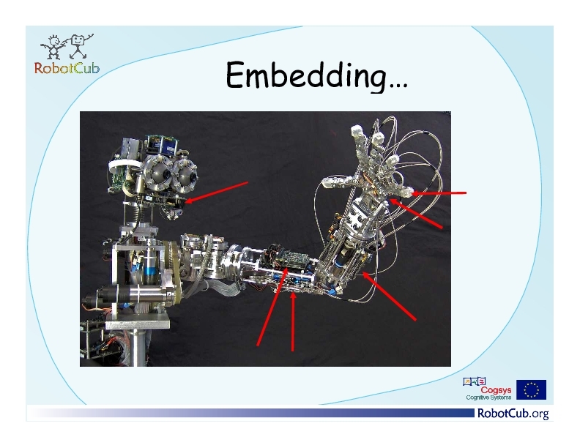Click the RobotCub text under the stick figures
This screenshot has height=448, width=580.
point(67,68)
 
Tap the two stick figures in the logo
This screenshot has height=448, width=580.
point(67,47)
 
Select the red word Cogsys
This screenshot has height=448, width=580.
point(496,390)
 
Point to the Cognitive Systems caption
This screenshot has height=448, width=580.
point(488,397)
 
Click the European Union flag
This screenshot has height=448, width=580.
point(531,389)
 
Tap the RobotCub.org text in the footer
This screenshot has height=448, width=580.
point(513,413)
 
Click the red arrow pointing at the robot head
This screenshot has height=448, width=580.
point(216,193)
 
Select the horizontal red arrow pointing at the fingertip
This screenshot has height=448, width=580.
point(439,193)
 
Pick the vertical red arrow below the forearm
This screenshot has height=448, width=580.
point(293,321)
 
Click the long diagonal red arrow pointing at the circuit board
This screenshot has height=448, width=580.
point(272,307)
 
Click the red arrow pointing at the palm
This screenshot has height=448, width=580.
point(416,214)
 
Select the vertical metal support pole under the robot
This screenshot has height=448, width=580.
point(137,348)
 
